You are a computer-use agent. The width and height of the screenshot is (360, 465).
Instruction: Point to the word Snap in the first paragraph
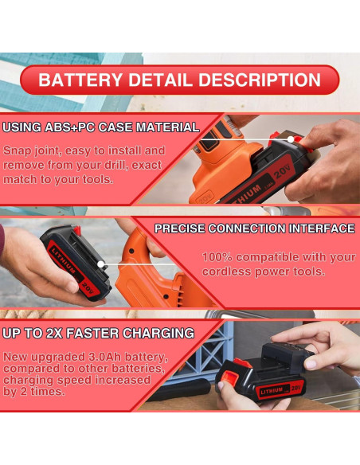[18, 150]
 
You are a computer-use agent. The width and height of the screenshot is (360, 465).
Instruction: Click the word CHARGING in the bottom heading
[154, 332]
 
